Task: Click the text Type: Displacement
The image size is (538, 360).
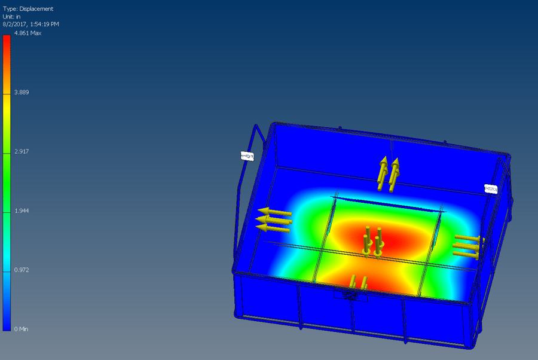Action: pos(28,9)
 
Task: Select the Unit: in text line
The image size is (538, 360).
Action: pos(12,17)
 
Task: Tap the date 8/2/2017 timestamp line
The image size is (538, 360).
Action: pos(30,24)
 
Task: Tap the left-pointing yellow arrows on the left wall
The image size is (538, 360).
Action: pos(274,219)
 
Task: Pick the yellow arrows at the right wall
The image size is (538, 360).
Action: pos(467,246)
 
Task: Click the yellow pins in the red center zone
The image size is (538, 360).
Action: pos(372,241)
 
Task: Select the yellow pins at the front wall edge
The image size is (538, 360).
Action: pos(358,282)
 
